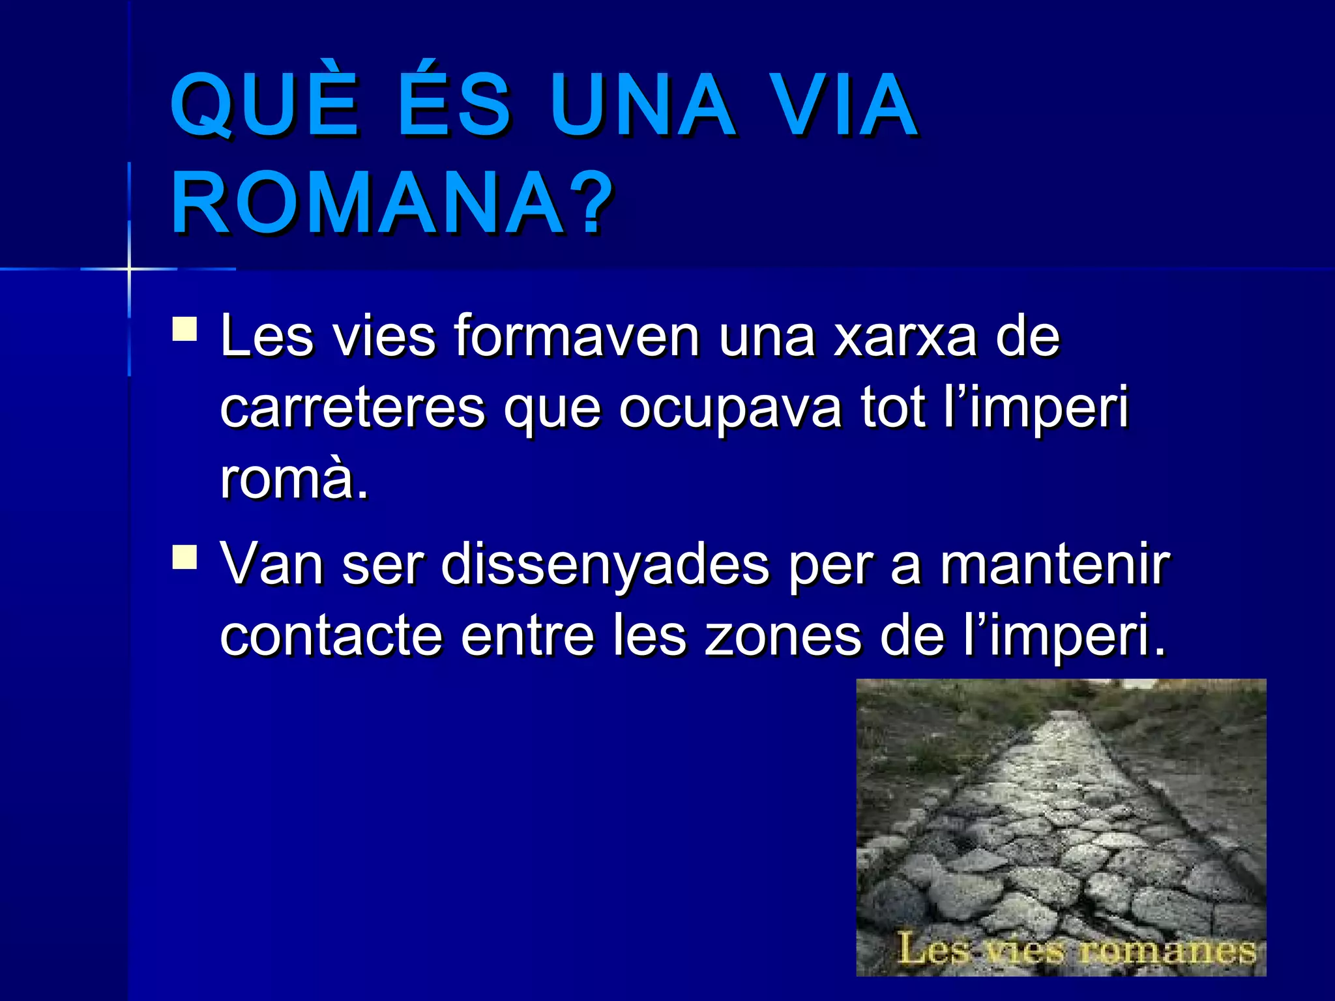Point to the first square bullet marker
tap(185, 329)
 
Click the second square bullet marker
tap(185, 557)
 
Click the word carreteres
tap(353, 408)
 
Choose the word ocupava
tap(730, 408)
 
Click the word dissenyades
tap(606, 564)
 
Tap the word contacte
tap(331, 636)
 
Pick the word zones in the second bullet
tap(783, 636)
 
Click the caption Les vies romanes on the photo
tap(1076, 949)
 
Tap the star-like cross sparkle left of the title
tap(129, 268)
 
